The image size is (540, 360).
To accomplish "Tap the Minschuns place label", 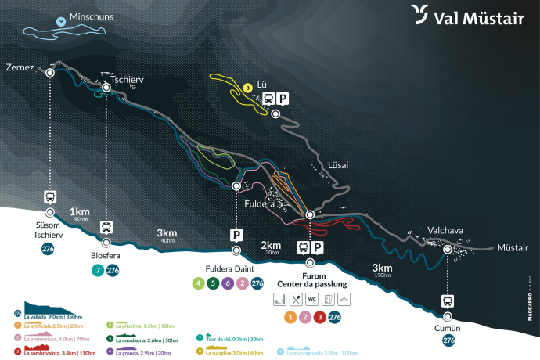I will pyautogui.click(x=91, y=16).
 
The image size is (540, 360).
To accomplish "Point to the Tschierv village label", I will pyautogui.click(x=121, y=80).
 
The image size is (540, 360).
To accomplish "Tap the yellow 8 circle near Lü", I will pyautogui.click(x=247, y=88).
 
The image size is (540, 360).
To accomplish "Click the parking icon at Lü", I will pyautogui.click(x=283, y=99).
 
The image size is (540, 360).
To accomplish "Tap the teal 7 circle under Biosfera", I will pyautogui.click(x=98, y=271).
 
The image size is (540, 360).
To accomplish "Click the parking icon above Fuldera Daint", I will pyautogui.click(x=236, y=234).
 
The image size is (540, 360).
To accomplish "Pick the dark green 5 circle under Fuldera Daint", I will pyautogui.click(x=214, y=283).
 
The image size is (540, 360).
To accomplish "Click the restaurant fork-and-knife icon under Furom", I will pyautogui.click(x=295, y=299).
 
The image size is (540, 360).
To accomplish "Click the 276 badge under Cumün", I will pyautogui.click(x=448, y=340).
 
